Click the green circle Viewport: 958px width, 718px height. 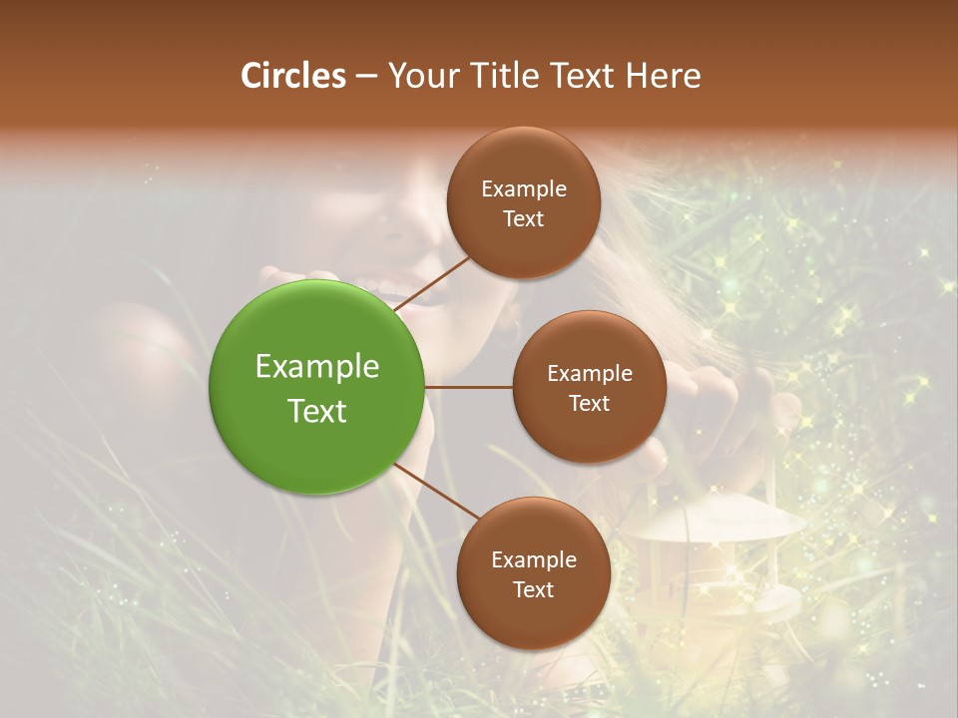317,387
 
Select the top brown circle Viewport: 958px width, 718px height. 523,202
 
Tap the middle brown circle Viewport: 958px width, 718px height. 589,387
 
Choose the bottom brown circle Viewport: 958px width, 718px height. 533,573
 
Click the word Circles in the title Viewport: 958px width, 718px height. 293,76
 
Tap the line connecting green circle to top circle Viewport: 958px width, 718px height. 434,281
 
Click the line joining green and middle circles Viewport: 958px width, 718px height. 469,387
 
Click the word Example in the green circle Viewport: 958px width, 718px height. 317,366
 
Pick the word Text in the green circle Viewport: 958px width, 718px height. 317,411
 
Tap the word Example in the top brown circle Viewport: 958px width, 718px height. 524,188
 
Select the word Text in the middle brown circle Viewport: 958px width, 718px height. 589,403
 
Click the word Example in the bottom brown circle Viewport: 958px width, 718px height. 534,559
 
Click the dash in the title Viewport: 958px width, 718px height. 366,77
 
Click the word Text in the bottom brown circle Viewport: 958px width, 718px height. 533,589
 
